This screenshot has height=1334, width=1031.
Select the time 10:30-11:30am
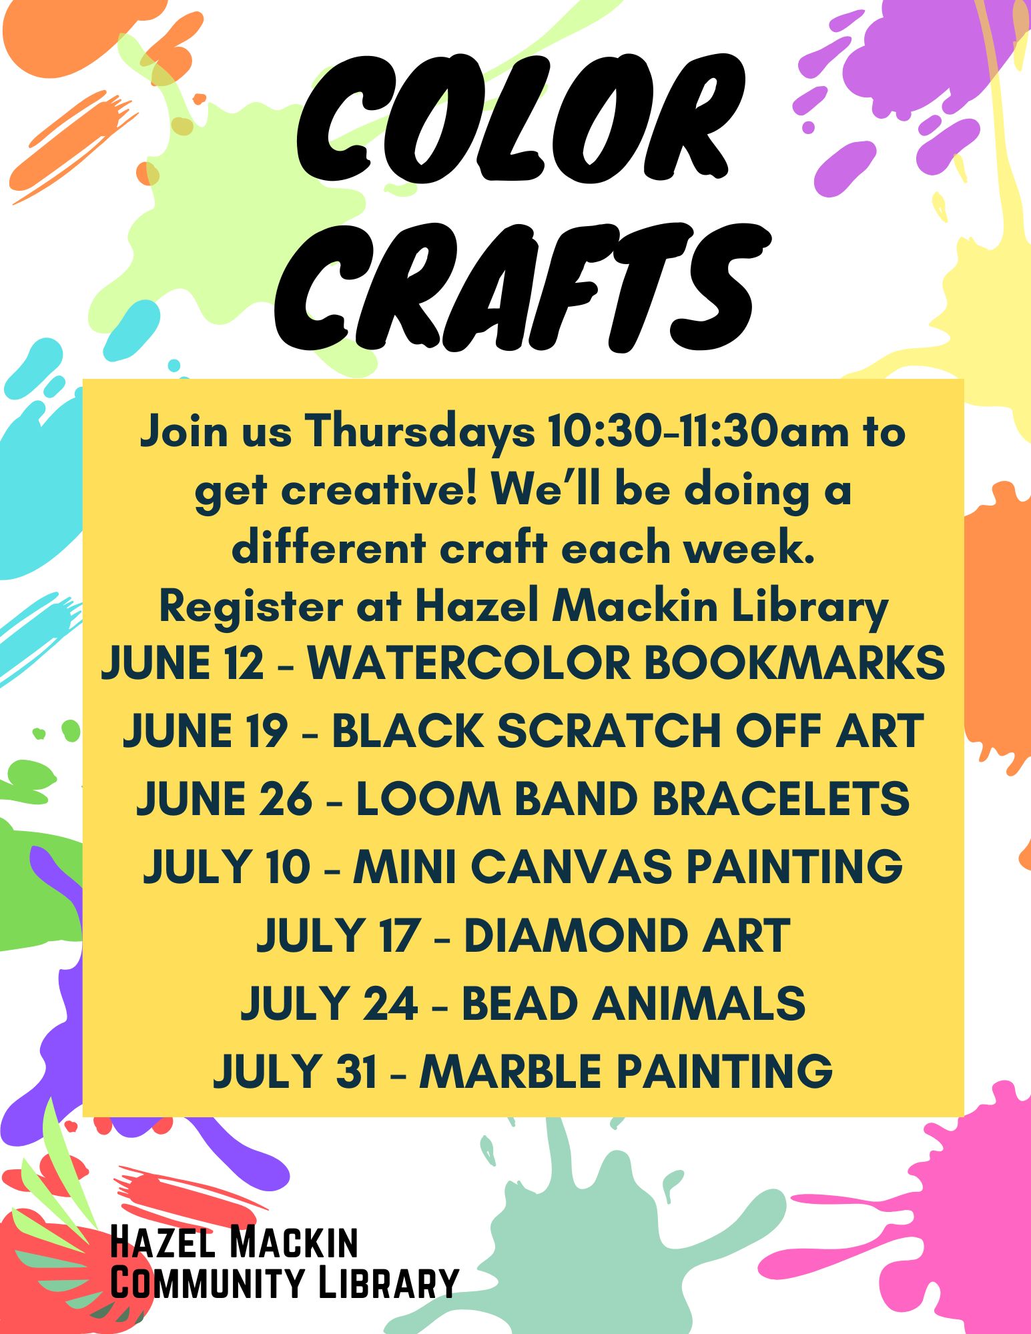pos(697,432)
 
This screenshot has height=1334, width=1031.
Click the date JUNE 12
pos(182,663)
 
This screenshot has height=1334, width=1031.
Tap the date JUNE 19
pos(205,731)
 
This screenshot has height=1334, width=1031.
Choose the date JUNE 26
pos(224,799)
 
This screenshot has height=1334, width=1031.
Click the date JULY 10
pos(227,866)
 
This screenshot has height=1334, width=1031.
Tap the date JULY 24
pos(330,1003)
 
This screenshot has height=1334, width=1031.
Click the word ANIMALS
pos(699,1003)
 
